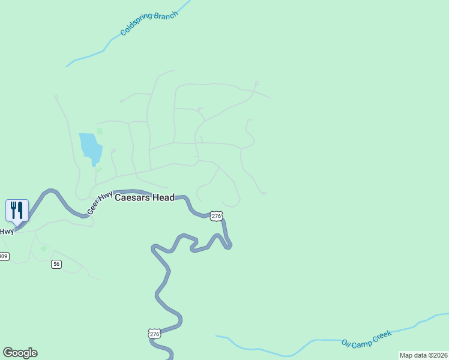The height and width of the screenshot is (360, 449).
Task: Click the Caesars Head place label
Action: click(144, 197)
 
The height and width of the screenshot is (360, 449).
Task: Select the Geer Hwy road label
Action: click(100, 203)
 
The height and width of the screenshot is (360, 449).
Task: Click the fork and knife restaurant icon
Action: click(17, 210)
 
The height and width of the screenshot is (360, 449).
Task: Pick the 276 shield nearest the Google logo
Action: click(154, 333)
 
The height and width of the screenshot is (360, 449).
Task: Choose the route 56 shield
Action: click(56, 264)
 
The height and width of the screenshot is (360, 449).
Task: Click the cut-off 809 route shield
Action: click(4, 257)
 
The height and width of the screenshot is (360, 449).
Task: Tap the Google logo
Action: click(20, 353)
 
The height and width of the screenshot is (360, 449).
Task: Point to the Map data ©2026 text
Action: click(423, 355)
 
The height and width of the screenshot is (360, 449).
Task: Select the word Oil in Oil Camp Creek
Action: click(346, 343)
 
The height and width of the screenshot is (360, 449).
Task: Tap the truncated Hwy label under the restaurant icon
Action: click(7, 231)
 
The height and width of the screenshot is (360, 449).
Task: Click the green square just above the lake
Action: click(100, 131)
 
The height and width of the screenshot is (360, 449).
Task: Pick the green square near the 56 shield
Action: click(43, 248)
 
